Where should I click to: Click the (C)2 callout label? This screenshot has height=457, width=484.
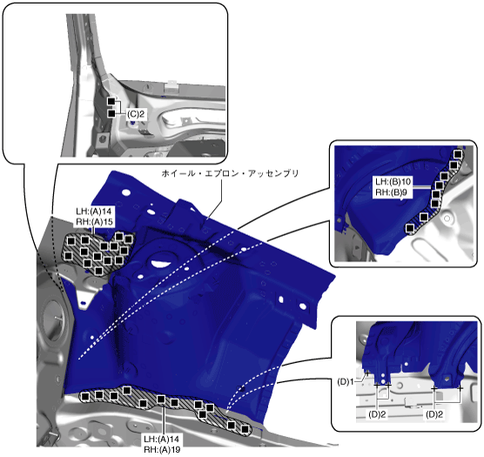point(136,114)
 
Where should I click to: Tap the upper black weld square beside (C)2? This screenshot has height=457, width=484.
point(111,101)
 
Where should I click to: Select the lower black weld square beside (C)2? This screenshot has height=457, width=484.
point(111,113)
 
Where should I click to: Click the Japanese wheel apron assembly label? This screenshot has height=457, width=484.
point(230,173)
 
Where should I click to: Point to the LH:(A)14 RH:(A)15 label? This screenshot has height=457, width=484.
point(94,216)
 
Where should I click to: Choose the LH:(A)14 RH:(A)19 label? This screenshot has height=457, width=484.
point(162,444)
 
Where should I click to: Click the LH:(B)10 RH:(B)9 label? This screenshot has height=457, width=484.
point(393,186)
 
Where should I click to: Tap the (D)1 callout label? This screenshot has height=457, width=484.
point(346,382)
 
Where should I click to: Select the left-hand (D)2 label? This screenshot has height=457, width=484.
point(377,414)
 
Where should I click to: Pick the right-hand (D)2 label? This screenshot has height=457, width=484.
point(434,414)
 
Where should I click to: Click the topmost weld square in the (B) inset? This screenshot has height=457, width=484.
point(458,154)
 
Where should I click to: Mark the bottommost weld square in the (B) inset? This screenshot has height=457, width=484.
point(410,228)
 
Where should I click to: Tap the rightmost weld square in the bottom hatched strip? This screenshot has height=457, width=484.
point(245,429)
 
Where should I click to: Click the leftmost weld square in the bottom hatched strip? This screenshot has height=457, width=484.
point(85,396)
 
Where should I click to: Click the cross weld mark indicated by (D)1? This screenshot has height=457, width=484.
point(367,373)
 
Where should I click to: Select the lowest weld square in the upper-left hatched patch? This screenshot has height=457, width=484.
point(98,271)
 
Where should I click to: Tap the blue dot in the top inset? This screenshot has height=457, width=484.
point(133,123)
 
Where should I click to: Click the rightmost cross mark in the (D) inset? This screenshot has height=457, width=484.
point(460,388)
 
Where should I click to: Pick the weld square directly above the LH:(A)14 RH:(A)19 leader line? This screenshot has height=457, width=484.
point(161,400)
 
